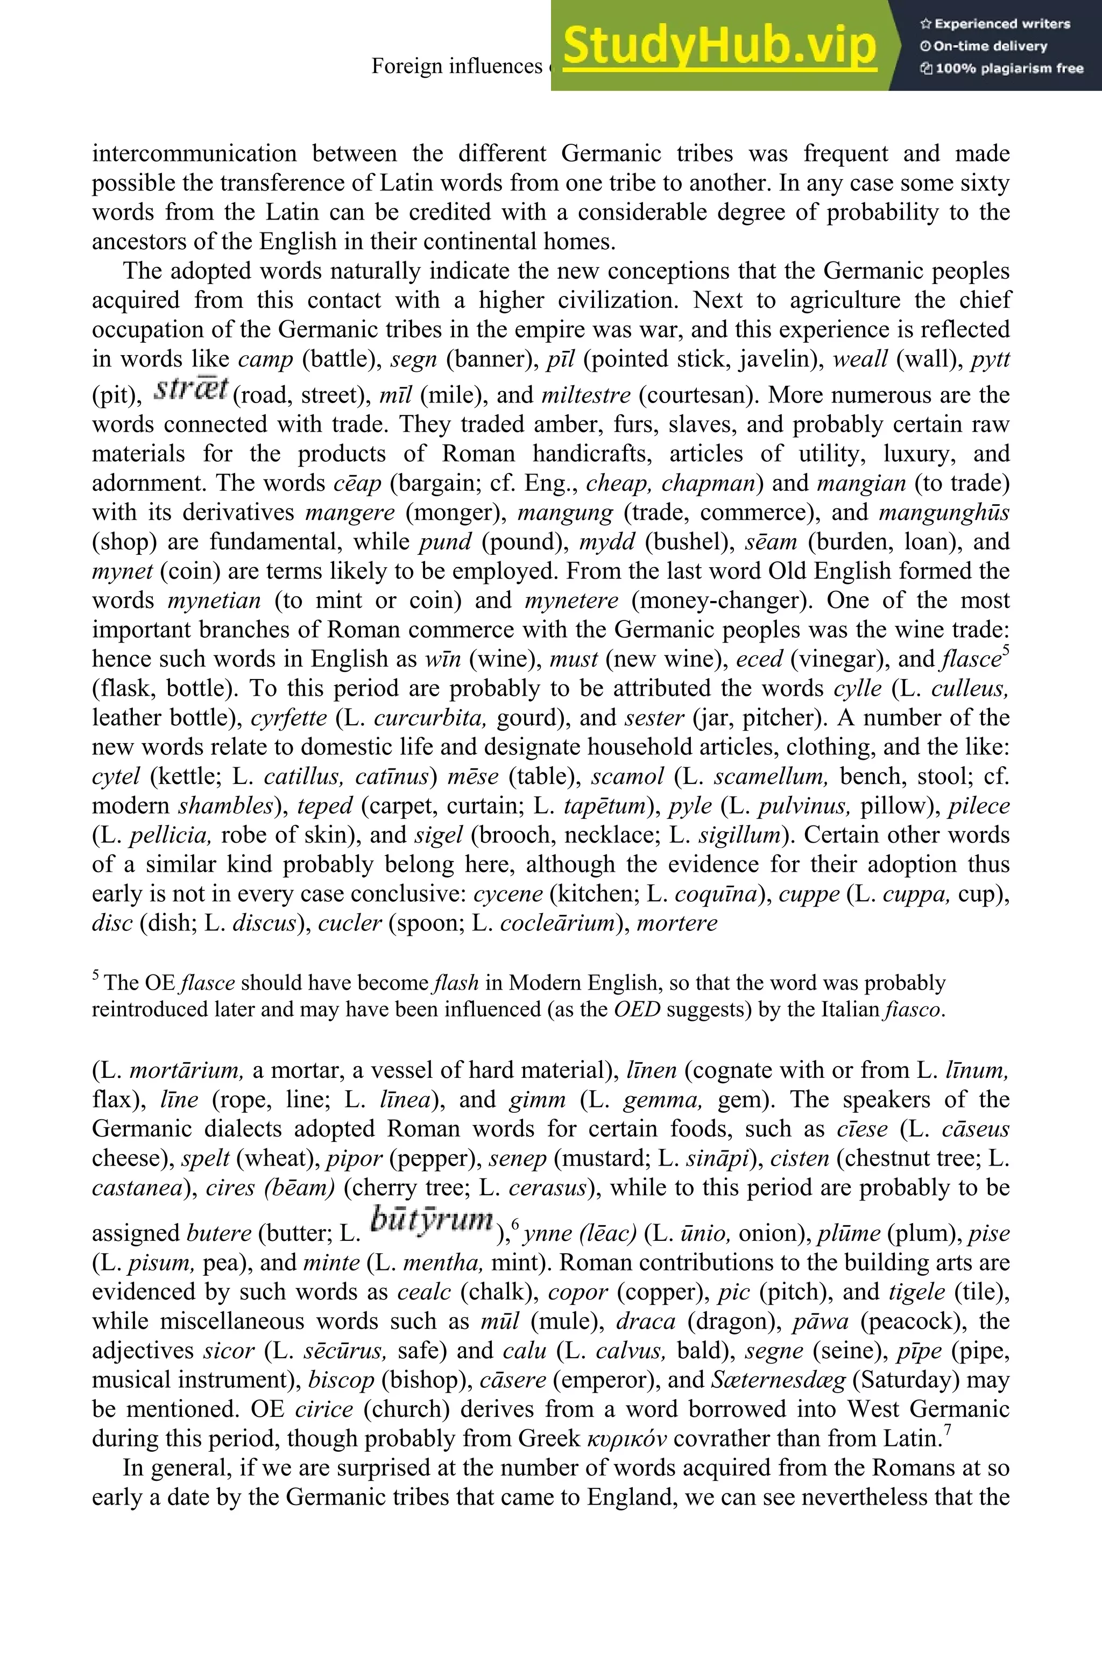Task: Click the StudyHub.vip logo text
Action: (x=719, y=46)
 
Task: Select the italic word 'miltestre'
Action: (x=586, y=395)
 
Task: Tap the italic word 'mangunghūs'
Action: (x=943, y=512)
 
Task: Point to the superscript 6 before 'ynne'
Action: (x=515, y=1225)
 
